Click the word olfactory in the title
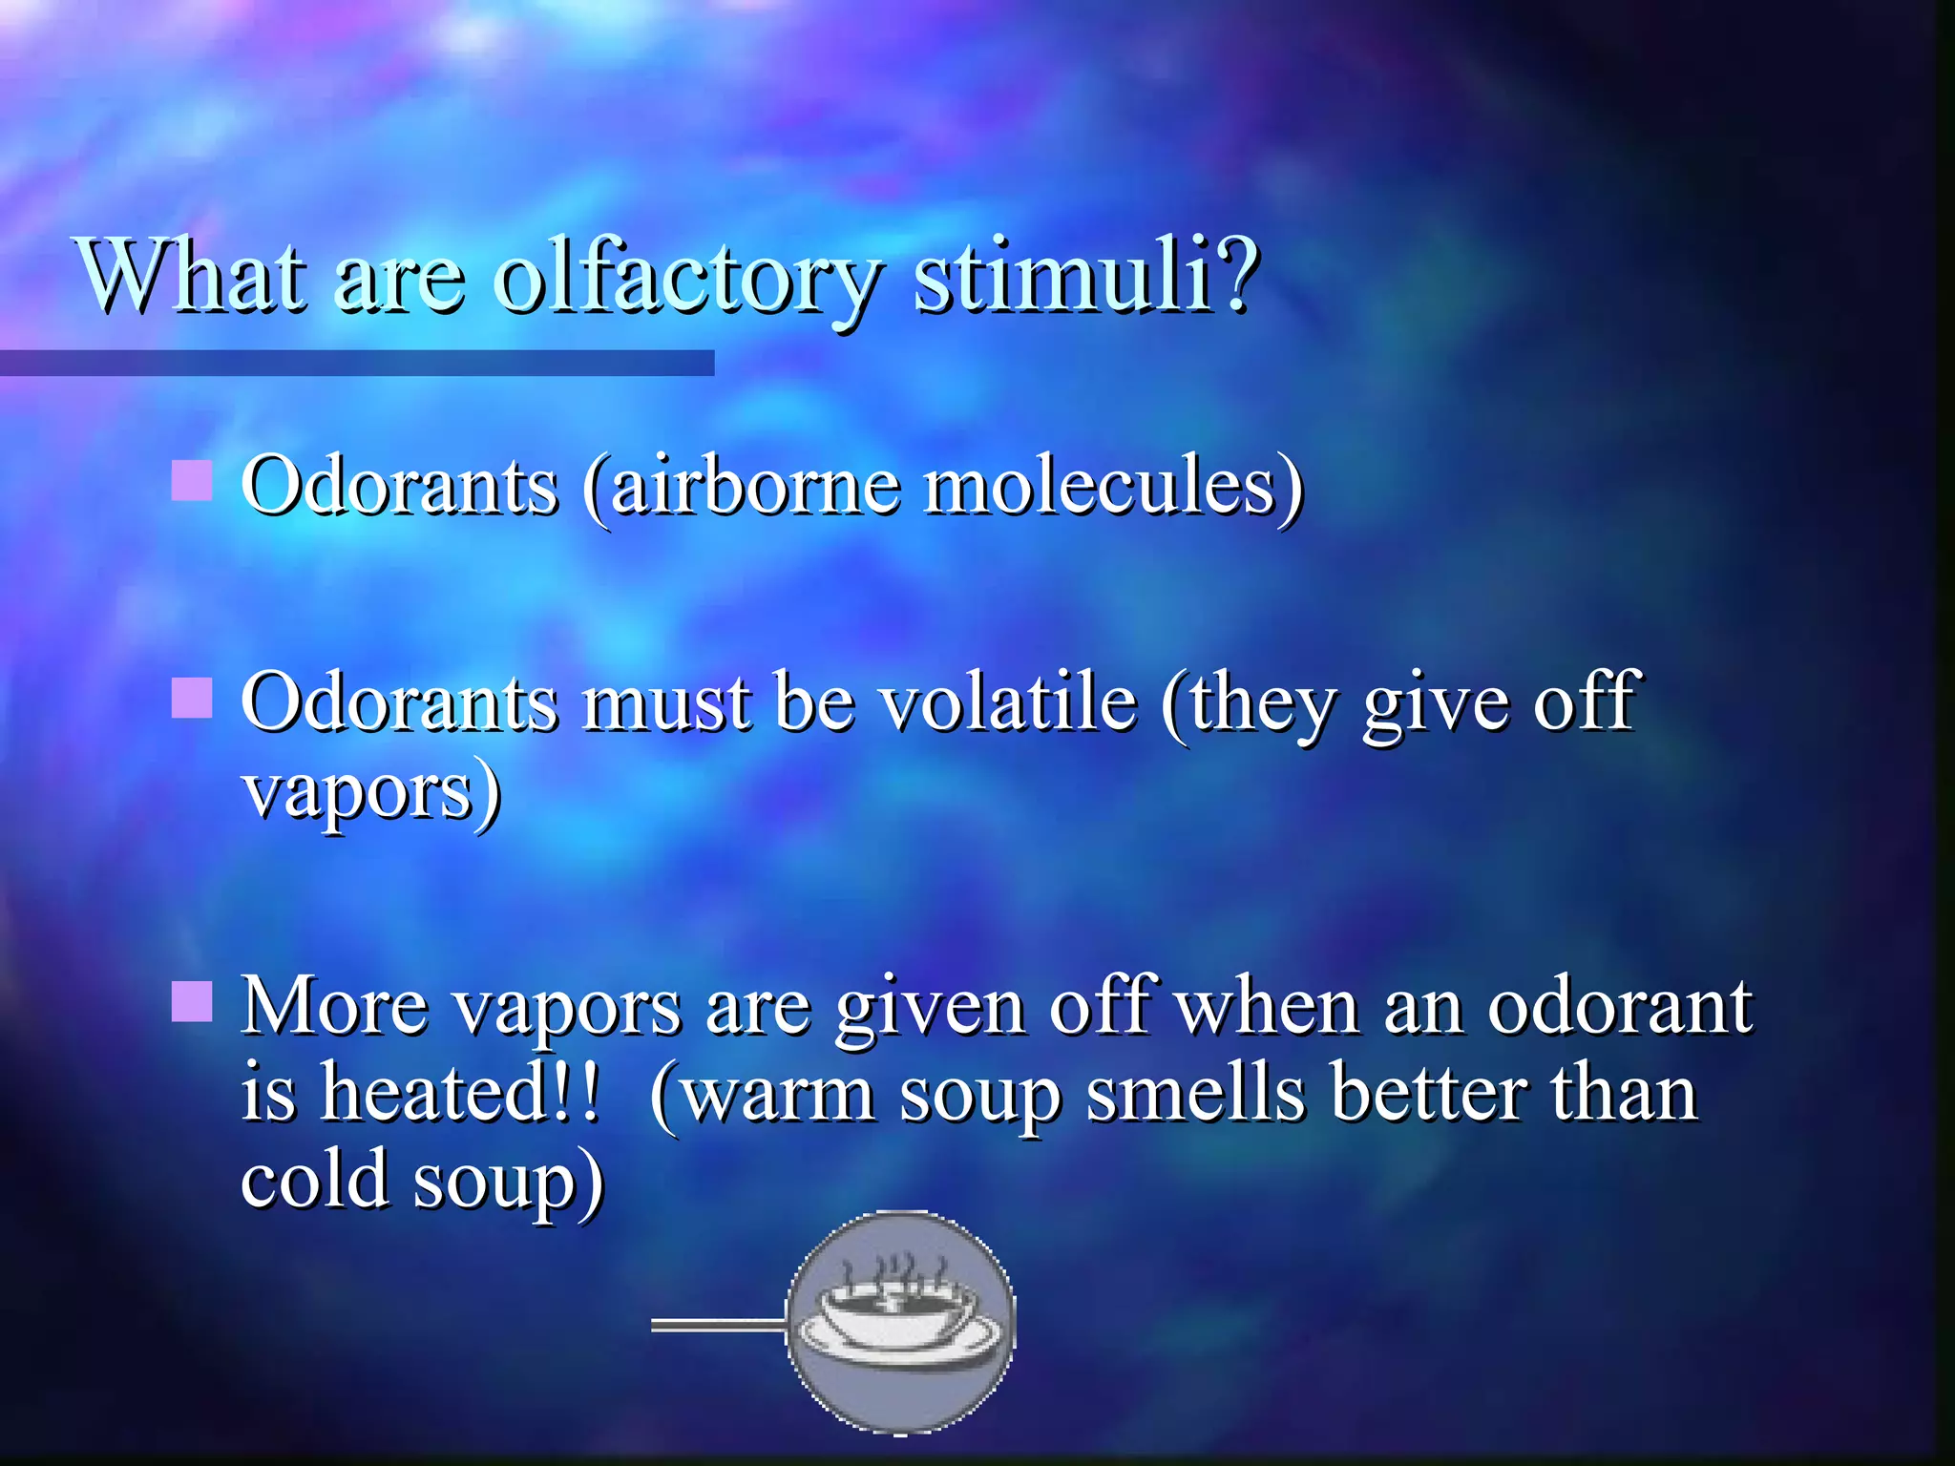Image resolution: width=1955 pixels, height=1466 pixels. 687,279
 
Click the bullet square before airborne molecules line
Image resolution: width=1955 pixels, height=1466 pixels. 191,480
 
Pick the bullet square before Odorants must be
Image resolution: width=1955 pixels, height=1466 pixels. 191,697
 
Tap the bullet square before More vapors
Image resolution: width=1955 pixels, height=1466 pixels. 191,1002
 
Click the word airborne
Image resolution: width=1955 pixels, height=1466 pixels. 754,487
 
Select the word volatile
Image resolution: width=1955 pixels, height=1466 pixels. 1008,703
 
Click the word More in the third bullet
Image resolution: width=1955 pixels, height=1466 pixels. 334,1007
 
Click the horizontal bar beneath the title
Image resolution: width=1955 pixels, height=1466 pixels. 357,363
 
